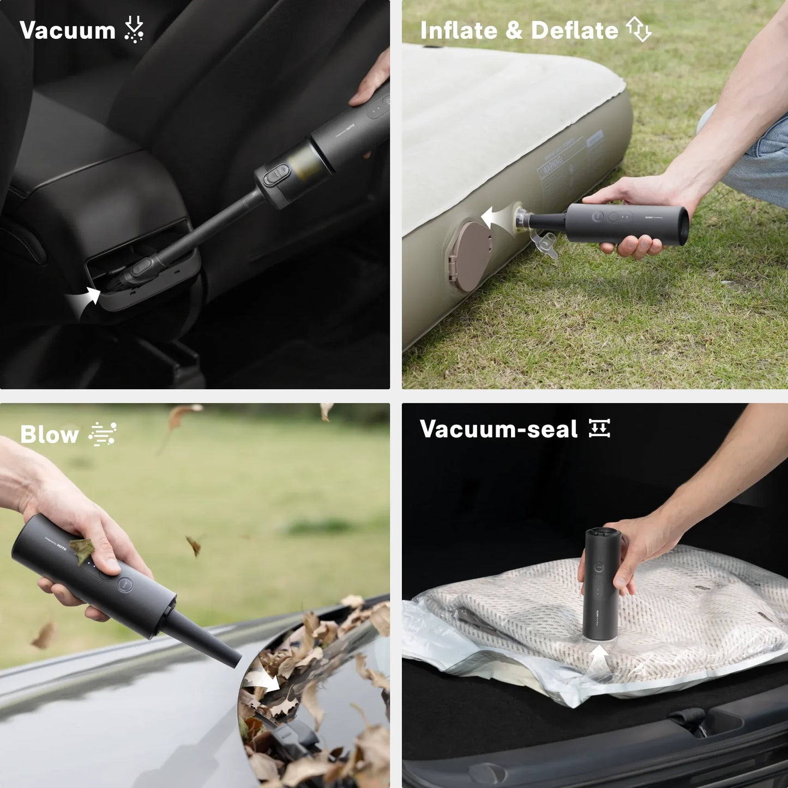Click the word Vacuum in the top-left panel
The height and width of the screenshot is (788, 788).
pyautogui.click(x=67, y=31)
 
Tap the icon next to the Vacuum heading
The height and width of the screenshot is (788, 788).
pyautogui.click(x=134, y=29)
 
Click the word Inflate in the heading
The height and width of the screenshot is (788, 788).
pyautogui.click(x=458, y=31)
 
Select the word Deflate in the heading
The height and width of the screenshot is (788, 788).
pyautogui.click(x=574, y=31)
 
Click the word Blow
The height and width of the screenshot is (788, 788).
pyautogui.click(x=49, y=435)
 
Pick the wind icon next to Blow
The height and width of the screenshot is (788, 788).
pyautogui.click(x=103, y=434)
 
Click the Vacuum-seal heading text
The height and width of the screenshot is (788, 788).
pyautogui.click(x=498, y=429)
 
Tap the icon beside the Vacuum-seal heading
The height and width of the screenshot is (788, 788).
pyautogui.click(x=599, y=428)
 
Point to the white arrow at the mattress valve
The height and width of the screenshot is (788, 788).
pyautogui.click(x=495, y=218)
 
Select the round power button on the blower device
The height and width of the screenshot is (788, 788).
pyautogui.click(x=125, y=585)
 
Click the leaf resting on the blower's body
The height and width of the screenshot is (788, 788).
pyautogui.click(x=82, y=550)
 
